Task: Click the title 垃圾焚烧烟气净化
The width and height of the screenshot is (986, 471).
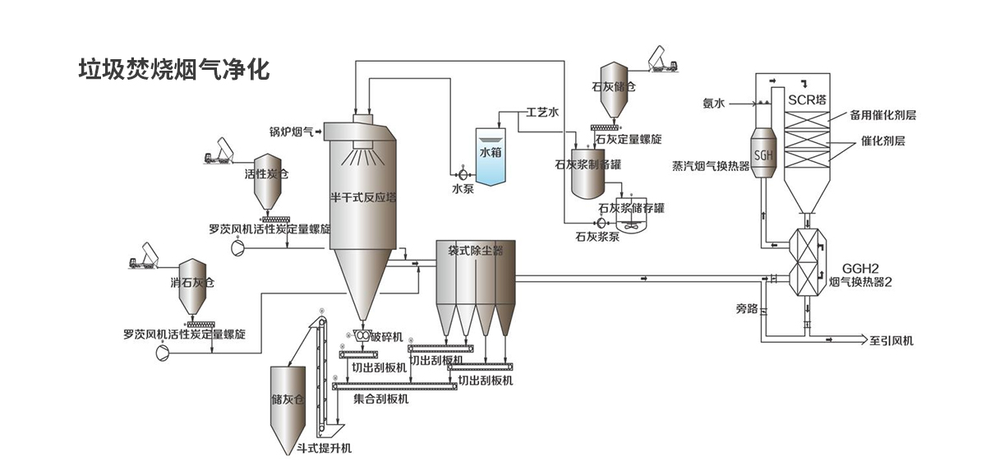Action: [x=173, y=68]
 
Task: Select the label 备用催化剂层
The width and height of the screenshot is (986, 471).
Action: [x=882, y=115]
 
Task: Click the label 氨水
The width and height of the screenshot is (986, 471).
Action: [x=712, y=104]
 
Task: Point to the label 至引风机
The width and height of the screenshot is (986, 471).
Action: [x=891, y=340]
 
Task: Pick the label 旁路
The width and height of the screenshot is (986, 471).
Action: [x=746, y=309]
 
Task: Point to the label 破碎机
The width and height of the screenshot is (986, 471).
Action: [x=386, y=337]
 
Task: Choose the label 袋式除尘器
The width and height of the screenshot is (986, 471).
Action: [x=475, y=249]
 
